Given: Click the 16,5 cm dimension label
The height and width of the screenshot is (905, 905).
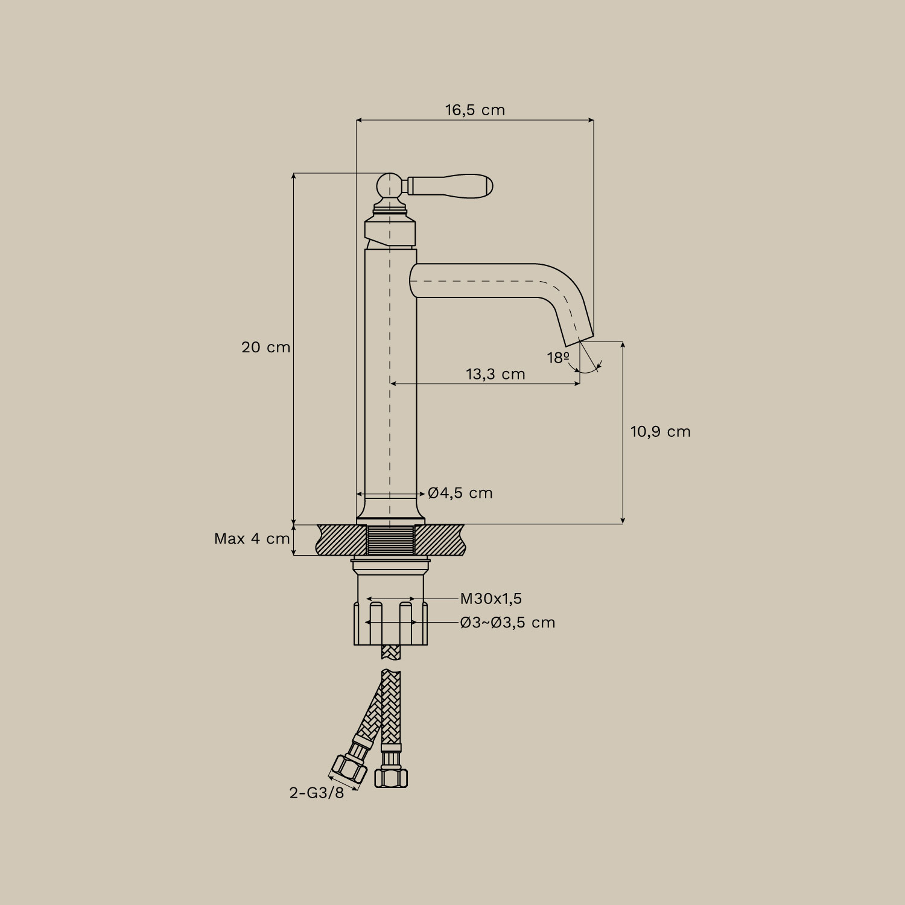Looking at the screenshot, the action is [475, 110].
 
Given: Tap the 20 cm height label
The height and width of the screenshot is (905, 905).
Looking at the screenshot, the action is [266, 348].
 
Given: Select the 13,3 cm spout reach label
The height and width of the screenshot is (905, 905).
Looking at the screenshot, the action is [495, 374].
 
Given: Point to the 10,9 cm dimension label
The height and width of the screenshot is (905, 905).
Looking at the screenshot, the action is [661, 431].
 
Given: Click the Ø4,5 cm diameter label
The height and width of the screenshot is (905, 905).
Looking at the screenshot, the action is [460, 493].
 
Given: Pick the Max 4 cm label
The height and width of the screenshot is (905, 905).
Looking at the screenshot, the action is [252, 539].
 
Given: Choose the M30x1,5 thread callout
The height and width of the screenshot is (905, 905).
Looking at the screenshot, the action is [491, 599].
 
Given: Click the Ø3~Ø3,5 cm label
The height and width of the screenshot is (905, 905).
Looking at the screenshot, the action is [507, 622].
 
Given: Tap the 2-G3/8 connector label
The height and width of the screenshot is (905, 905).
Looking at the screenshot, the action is [317, 793].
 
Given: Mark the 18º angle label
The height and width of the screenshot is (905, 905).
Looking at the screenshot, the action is [559, 358].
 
